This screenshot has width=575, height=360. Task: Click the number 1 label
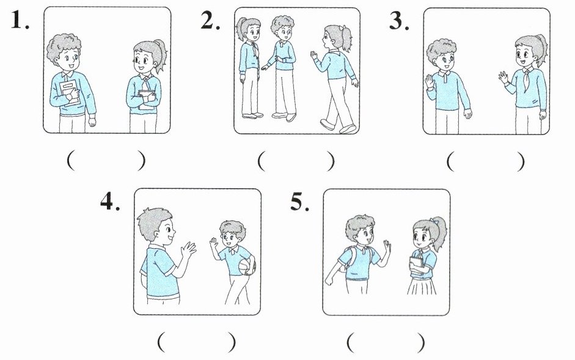20,20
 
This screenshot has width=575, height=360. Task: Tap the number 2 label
210,20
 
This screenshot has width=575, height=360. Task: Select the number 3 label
399,20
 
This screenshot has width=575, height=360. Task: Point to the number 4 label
110,201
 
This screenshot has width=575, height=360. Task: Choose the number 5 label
300,202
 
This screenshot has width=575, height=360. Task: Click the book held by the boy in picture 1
69,93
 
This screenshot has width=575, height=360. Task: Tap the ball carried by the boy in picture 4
247,266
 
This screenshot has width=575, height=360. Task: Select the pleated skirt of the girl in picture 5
422,286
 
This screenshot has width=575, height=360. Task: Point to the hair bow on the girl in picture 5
435,221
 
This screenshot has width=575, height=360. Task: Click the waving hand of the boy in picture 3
429,81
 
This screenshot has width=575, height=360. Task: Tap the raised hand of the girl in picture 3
503,78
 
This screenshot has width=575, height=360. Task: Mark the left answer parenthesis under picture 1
71,161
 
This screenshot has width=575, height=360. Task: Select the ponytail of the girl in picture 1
161,55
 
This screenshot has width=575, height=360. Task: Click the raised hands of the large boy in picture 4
188,249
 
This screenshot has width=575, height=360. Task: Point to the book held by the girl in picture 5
416,264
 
